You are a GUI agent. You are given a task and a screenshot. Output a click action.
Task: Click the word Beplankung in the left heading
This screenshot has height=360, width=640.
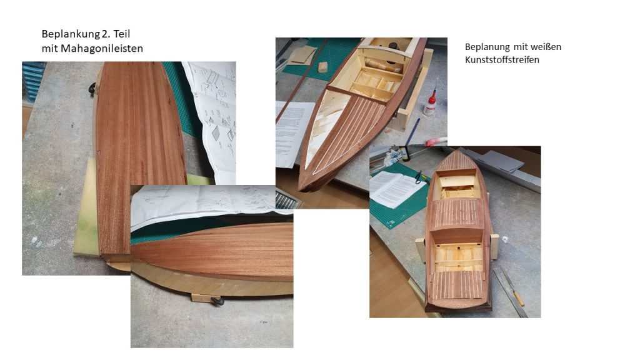(x=67, y=34)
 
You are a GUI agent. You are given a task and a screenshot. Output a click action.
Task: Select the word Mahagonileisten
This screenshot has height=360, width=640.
(x=102, y=49)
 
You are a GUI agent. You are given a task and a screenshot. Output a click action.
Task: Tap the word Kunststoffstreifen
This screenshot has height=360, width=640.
(x=502, y=60)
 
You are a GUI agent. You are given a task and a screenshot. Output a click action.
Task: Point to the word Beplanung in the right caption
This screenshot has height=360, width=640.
(x=487, y=47)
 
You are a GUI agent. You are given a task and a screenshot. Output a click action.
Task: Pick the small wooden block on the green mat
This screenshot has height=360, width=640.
(x=323, y=67)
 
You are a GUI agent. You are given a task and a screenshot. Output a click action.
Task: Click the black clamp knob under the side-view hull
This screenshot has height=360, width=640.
(x=216, y=302)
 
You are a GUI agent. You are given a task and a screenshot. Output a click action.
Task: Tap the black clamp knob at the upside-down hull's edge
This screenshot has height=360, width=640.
(x=92, y=88)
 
